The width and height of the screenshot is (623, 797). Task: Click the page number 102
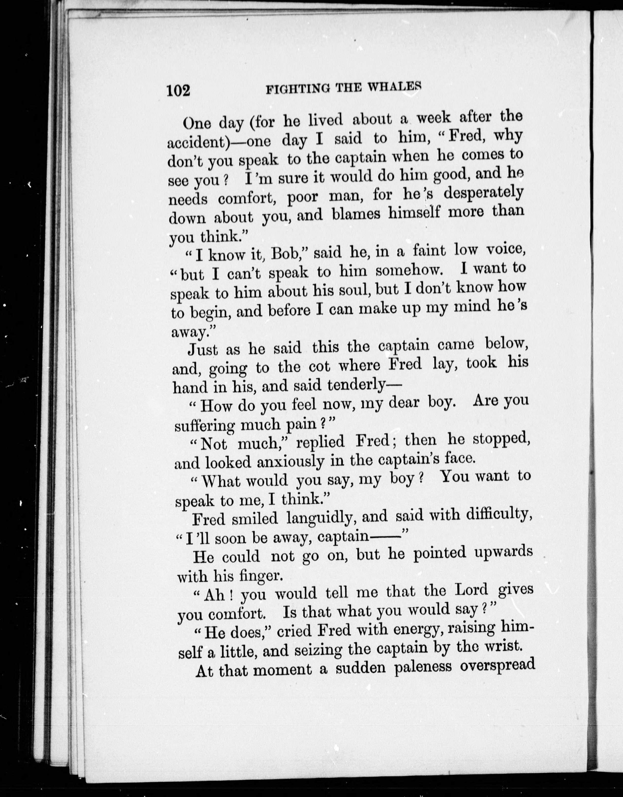tap(178, 90)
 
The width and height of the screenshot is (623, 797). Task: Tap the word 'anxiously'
tap(290, 462)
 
